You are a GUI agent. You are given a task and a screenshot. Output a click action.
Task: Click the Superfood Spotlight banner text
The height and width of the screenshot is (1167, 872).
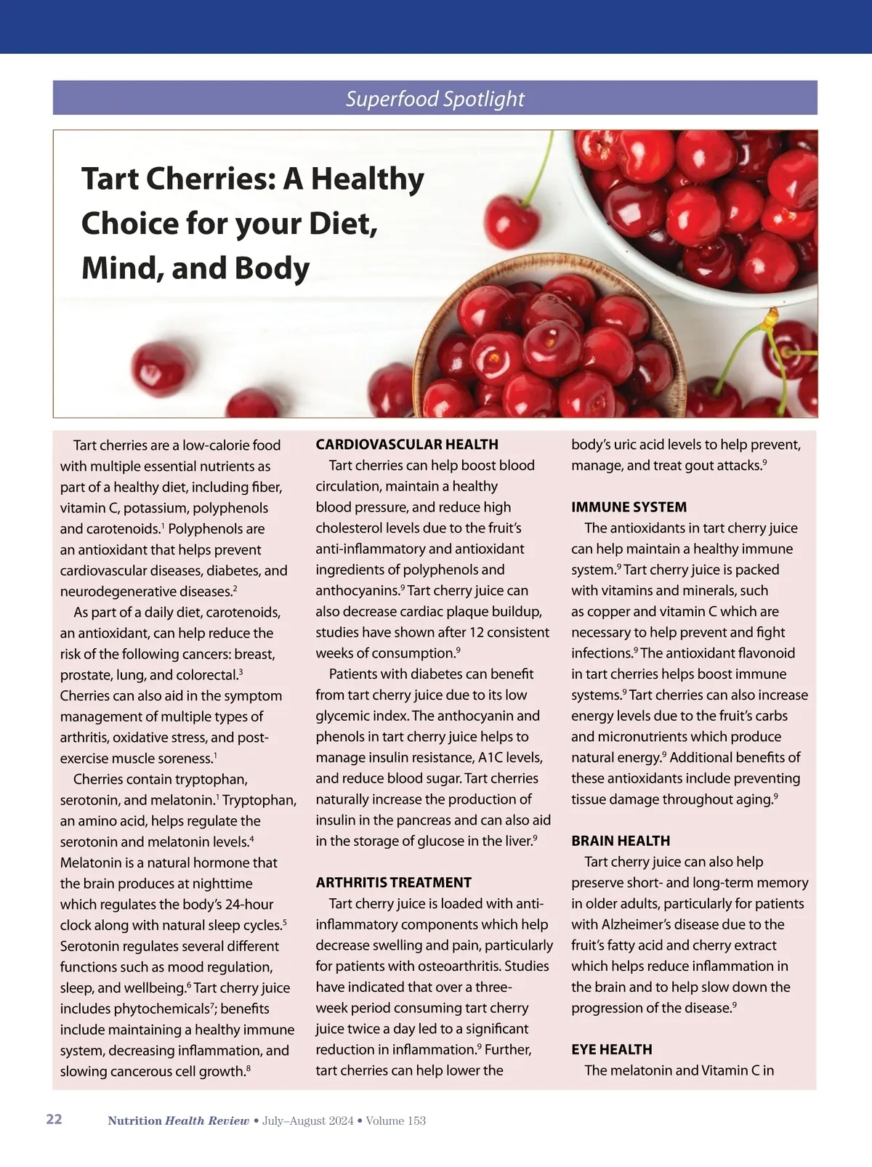pos(435,98)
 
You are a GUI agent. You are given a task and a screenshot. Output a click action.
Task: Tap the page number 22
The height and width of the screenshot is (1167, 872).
pos(54,1119)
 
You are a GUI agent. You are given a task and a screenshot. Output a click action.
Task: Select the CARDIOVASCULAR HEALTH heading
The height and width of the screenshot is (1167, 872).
pos(407,444)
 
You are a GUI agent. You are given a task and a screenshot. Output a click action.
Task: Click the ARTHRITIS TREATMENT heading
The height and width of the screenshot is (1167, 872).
pos(393,882)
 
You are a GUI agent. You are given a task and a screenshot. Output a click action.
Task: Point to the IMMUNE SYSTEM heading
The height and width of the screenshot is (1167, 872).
pos(629,507)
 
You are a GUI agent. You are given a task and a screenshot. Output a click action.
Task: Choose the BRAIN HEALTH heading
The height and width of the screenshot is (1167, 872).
pos(621,841)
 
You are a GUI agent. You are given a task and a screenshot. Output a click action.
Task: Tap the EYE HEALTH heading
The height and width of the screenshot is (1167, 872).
pos(611,1049)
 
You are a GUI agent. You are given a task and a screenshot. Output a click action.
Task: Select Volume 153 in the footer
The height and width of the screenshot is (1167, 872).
pos(395,1120)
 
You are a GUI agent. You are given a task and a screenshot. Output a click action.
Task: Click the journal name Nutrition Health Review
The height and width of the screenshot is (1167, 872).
pos(178,1120)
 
